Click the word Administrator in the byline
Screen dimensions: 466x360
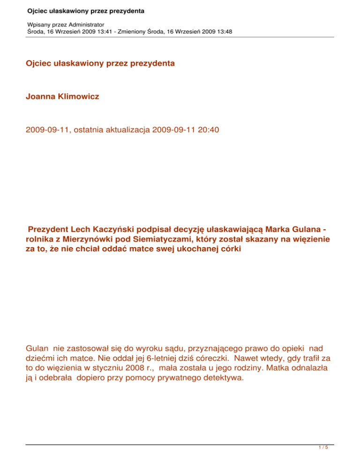click(86, 23)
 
